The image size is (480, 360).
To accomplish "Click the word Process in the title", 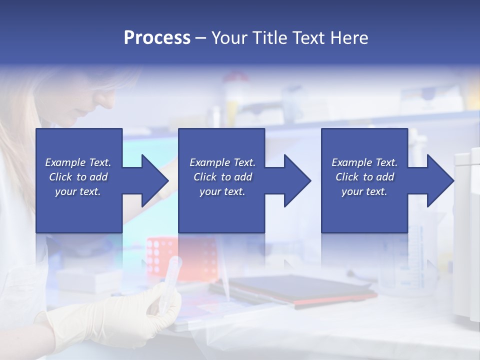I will [157, 38].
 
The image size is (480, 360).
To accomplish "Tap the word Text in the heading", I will [307, 38].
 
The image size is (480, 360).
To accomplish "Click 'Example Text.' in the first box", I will [78, 162].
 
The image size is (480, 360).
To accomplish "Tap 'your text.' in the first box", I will [78, 191].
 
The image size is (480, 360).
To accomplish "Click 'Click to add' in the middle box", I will [222, 177].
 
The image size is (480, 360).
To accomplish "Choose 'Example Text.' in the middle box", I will [222, 162].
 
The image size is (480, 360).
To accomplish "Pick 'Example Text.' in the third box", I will [364, 162].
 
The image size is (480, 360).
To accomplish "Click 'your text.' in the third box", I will [364, 191].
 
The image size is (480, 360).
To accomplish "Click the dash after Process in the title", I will [201, 38].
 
